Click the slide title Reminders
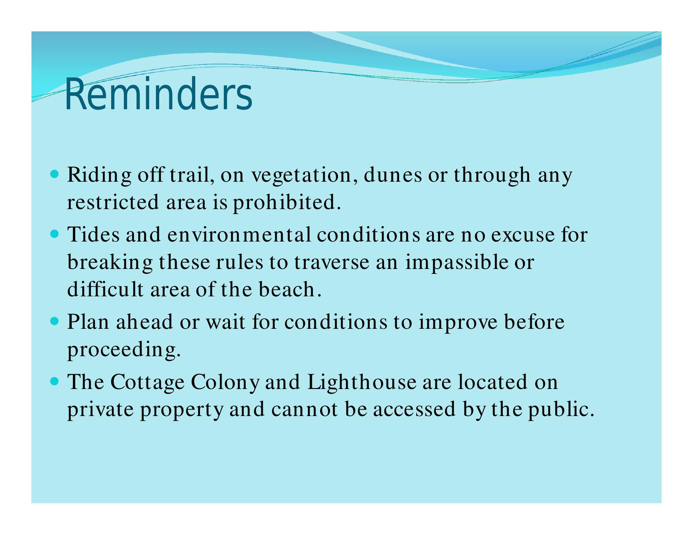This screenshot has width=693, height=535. click(x=158, y=94)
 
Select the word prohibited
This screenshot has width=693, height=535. click(x=287, y=202)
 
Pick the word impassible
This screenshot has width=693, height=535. click(x=457, y=263)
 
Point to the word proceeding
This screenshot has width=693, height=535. click(x=123, y=350)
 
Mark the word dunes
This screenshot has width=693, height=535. click(x=393, y=176)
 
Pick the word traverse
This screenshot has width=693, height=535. click(x=332, y=263)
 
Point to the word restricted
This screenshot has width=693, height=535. click(x=113, y=203)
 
